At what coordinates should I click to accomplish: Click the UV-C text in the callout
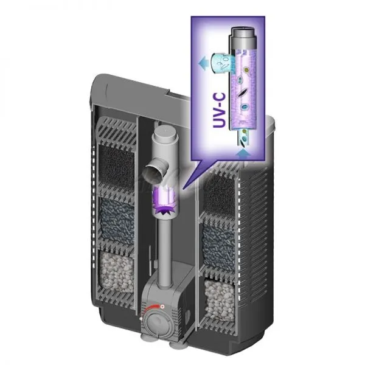(x=219, y=110)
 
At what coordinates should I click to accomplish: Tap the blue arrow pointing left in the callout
(x=203, y=63)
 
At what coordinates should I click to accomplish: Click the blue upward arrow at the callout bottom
(x=243, y=154)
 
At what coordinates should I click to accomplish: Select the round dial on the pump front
(x=156, y=321)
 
